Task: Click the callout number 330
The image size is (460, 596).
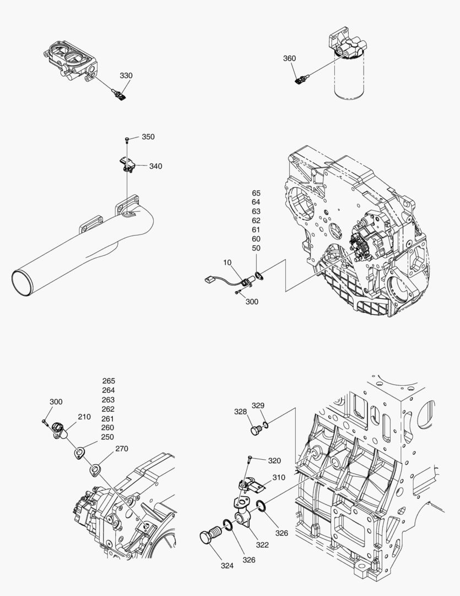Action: click(126, 76)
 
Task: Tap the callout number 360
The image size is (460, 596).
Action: click(289, 58)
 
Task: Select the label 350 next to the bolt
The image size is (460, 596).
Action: click(148, 137)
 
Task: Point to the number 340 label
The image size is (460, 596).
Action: click(155, 166)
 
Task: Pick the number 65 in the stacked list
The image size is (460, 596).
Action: click(256, 193)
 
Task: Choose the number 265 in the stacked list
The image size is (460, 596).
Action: click(109, 381)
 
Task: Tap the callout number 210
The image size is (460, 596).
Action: click(84, 417)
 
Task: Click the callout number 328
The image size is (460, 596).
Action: click(240, 412)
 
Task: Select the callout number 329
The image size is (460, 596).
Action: click(258, 406)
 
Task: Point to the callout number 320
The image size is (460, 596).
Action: click(274, 460)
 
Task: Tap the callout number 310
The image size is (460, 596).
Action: click(279, 477)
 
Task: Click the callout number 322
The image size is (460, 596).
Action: click(262, 545)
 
